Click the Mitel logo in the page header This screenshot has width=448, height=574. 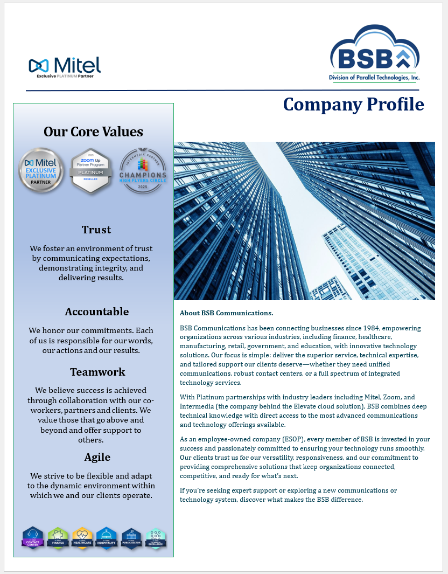[x=65, y=66]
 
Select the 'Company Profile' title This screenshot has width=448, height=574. [x=353, y=104]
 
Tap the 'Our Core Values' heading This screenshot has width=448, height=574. [x=93, y=132]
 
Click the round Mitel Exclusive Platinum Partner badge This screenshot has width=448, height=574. [x=41, y=170]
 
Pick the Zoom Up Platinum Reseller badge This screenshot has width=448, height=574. [x=91, y=170]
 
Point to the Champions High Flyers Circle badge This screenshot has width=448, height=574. [x=143, y=170]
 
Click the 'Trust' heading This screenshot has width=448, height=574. [x=96, y=230]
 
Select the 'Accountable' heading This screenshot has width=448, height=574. [x=97, y=312]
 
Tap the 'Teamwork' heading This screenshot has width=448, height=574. [x=97, y=372]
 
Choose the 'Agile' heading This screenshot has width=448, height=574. [x=97, y=457]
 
